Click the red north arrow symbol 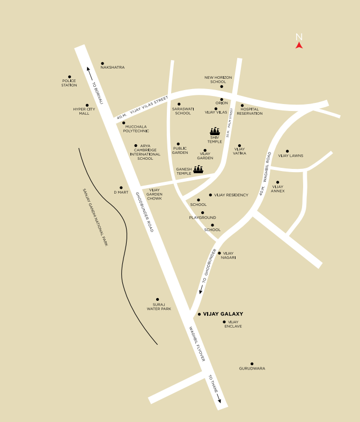pyautogui.click(x=299, y=46)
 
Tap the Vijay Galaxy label pyautogui.click(x=223, y=314)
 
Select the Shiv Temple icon pyautogui.click(x=215, y=131)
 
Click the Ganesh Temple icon pyautogui.click(x=199, y=169)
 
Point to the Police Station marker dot pyautogui.click(x=69, y=77)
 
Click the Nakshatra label pyautogui.click(x=113, y=68)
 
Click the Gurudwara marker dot pyautogui.click(x=252, y=363)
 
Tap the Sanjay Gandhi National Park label pyautogui.click(x=96, y=217)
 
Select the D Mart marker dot pyautogui.click(x=121, y=188)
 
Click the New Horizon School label pyautogui.click(x=218, y=79)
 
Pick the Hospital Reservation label pyautogui.click(x=250, y=111)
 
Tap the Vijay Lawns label pyautogui.click(x=291, y=156)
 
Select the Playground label pyautogui.click(x=202, y=218)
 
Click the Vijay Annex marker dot pyautogui.click(x=277, y=182)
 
